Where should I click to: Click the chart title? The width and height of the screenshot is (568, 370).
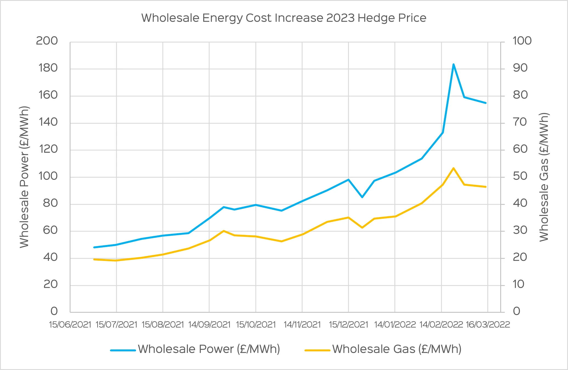click(x=284, y=18)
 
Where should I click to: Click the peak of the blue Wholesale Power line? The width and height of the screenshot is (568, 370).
click(x=453, y=64)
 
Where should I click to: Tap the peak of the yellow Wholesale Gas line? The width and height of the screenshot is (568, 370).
click(x=453, y=168)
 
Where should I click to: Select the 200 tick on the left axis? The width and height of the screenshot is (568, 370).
click(x=47, y=41)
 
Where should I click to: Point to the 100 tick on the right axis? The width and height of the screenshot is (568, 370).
click(x=522, y=41)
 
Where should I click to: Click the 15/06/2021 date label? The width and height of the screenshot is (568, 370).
click(x=70, y=325)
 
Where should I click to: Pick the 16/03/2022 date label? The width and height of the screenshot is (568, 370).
click(x=488, y=325)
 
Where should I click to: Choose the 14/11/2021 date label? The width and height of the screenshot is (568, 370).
click(x=302, y=325)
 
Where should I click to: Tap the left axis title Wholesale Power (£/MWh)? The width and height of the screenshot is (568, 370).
click(x=24, y=177)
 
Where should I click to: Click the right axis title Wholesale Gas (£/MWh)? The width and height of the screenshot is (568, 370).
click(x=544, y=177)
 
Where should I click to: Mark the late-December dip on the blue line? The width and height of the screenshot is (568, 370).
click(x=362, y=197)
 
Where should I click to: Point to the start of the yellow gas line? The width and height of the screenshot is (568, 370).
click(x=94, y=259)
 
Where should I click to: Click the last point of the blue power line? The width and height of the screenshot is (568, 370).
click(x=486, y=103)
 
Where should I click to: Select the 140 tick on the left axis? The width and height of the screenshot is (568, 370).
click(x=48, y=122)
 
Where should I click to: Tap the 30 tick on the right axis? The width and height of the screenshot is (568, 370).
click(x=520, y=230)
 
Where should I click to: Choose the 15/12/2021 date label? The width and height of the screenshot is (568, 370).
click(x=348, y=325)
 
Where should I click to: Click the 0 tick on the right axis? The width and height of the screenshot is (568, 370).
click(x=516, y=311)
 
